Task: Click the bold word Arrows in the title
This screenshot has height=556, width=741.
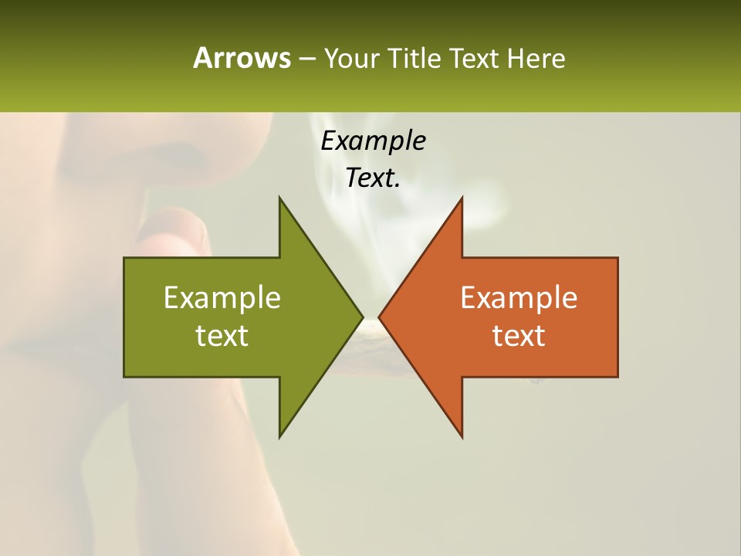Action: tap(242, 58)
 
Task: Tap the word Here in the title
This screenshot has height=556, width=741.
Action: tap(537, 58)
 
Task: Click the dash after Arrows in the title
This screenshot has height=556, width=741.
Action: tap(306, 59)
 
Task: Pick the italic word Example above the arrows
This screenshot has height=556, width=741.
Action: tap(374, 141)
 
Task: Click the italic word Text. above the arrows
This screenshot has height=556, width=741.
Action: tap(374, 178)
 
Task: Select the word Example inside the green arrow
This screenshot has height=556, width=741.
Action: tap(222, 297)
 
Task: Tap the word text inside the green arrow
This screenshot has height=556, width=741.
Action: tap(222, 335)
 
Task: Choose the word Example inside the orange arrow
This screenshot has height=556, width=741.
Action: tap(519, 297)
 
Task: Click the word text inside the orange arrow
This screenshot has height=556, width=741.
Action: tap(519, 335)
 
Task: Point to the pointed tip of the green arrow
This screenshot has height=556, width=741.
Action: tap(361, 317)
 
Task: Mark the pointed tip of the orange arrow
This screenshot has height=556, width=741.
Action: tap(381, 317)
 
